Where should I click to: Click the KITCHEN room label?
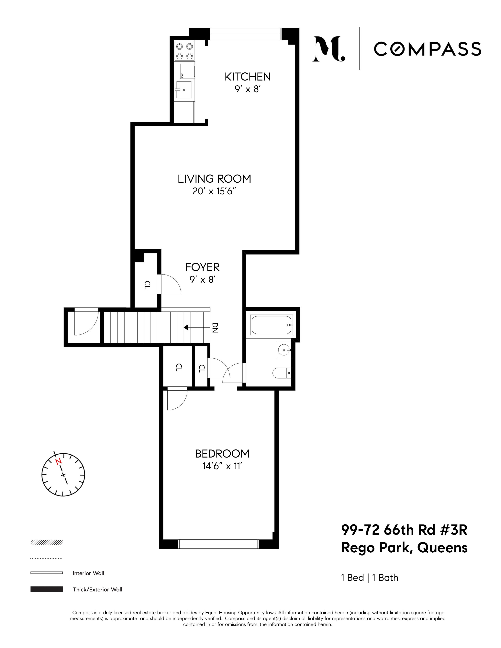coord(248,77)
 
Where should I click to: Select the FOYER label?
coord(202,267)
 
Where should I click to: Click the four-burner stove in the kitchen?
coord(184,51)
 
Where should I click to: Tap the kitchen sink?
coord(184,89)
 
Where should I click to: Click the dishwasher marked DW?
coord(187,71)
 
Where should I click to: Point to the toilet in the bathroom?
coord(281,373)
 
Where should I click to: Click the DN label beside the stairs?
coord(215,328)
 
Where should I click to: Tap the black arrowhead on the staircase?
coord(186,328)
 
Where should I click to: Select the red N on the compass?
coord(59,462)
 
